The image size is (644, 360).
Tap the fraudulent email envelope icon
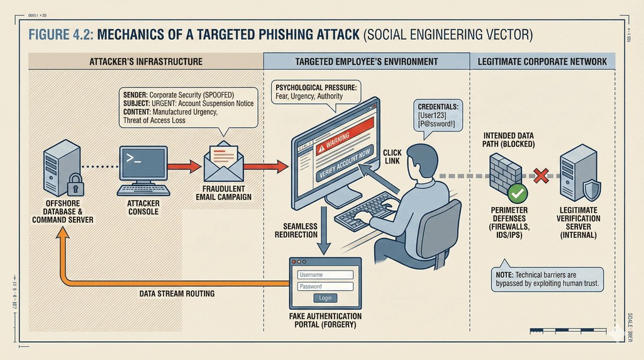coord(223,163)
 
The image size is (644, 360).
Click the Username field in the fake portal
coord(325,274)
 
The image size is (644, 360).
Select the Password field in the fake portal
coord(325,286)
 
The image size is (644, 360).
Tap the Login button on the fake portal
coord(325,298)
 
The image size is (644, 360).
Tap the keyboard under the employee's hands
coord(365,212)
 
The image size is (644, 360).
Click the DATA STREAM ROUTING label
coord(177,293)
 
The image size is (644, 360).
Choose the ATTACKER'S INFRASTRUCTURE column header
coord(146,62)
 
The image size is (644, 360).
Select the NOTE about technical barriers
coord(547,279)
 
